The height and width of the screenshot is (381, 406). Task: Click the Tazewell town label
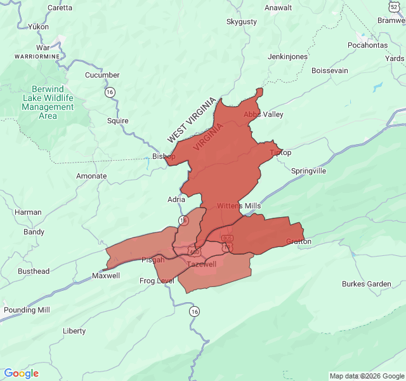click(x=202, y=264)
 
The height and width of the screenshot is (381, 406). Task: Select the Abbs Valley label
click(x=263, y=115)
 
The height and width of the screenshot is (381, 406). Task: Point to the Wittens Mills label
click(x=239, y=206)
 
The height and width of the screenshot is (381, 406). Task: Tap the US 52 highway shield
click(x=394, y=6)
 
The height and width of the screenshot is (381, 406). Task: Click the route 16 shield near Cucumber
click(x=110, y=92)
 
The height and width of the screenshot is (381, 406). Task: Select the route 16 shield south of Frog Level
click(x=194, y=311)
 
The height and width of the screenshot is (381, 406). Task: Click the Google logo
click(x=21, y=373)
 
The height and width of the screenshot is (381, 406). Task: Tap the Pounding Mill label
click(x=27, y=310)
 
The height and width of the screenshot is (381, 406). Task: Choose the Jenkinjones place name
click(x=287, y=57)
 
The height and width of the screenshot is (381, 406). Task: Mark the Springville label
click(x=308, y=171)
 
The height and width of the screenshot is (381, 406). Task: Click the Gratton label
click(x=299, y=241)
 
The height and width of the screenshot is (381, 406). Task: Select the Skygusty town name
click(x=242, y=22)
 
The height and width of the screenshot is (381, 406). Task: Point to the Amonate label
click(x=91, y=176)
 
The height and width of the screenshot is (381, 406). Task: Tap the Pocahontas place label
click(x=367, y=46)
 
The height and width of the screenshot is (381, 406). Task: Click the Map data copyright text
click(x=367, y=376)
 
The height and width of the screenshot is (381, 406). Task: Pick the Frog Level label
click(x=157, y=281)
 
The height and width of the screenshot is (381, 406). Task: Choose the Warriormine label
click(x=37, y=57)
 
